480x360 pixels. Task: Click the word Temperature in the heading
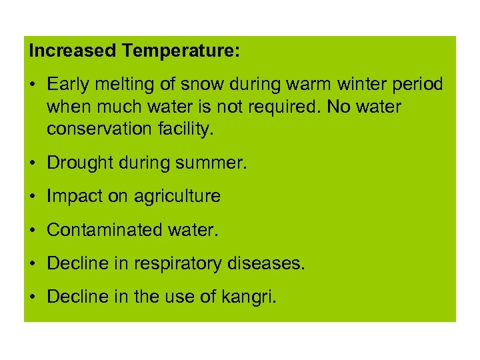181,51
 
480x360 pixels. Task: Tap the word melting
121,85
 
